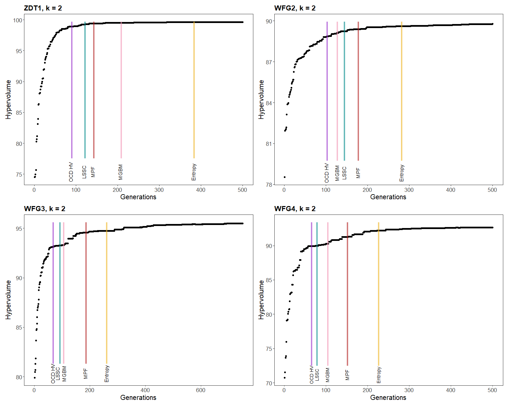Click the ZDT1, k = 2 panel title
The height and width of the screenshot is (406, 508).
click(x=43, y=8)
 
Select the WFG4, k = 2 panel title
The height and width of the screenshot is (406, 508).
click(x=295, y=208)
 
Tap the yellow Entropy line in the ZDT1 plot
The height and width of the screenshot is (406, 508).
click(x=194, y=90)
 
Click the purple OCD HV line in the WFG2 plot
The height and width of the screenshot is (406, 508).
click(x=327, y=91)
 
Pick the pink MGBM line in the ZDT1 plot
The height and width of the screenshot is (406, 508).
click(x=121, y=90)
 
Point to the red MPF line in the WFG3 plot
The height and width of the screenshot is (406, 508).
click(x=86, y=293)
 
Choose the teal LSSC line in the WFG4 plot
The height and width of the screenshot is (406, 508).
click(x=317, y=294)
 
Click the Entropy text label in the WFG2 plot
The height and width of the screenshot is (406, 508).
click(x=402, y=173)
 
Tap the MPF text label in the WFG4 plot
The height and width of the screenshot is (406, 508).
click(x=347, y=375)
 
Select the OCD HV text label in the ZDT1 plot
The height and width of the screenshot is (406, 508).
click(x=71, y=172)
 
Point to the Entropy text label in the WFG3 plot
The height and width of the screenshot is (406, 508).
click(x=107, y=374)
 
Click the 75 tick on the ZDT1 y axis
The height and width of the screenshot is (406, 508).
click(x=19, y=175)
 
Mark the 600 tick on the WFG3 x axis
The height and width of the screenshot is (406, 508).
click(x=200, y=390)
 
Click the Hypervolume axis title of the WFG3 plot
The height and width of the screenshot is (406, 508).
click(x=8, y=300)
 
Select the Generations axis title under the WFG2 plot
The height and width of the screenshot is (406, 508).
click(x=388, y=197)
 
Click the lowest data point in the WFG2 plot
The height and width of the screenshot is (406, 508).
click(x=284, y=177)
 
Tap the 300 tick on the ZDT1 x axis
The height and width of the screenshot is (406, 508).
click(x=159, y=190)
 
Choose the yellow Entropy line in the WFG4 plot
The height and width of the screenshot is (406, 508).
click(x=378, y=294)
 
